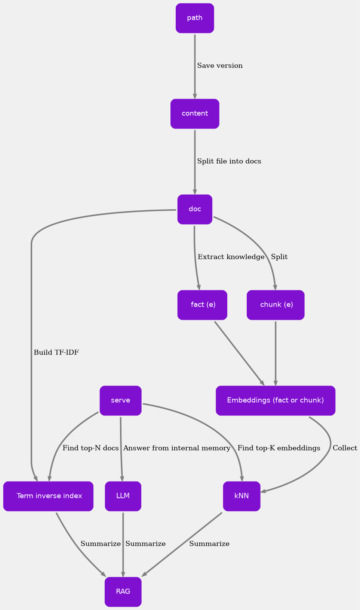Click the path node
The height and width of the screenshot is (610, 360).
click(195, 18)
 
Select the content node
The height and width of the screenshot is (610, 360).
click(195, 114)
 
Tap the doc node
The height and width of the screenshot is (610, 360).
click(195, 209)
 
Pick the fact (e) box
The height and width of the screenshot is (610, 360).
click(203, 305)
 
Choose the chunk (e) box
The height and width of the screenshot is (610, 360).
click(276, 305)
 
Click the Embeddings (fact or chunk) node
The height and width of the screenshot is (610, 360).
click(276, 400)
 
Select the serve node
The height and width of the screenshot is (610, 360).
click(120, 400)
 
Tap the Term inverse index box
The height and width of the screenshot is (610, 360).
click(49, 496)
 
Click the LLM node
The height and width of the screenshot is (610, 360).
click(123, 496)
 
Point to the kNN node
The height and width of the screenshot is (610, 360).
click(241, 496)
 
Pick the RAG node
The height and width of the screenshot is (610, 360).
click(123, 592)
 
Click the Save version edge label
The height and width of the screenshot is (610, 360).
click(220, 66)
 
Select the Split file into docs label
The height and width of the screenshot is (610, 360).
click(229, 161)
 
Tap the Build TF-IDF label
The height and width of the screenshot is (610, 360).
click(56, 353)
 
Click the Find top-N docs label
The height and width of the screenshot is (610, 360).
click(90, 448)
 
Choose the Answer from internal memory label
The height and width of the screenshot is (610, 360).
click(177, 448)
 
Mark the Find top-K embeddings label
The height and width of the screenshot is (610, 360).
click(279, 448)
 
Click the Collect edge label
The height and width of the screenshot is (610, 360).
click(345, 448)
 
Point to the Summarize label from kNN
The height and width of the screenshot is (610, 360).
click(209, 544)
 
